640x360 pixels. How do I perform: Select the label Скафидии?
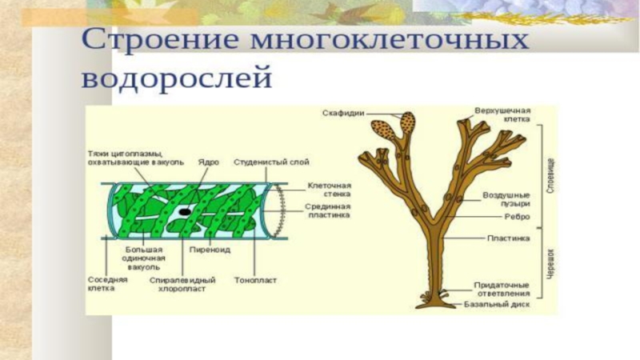click(x=344, y=114)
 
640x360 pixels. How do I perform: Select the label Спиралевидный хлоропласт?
click(x=183, y=284)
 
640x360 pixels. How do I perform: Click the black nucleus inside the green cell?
click(x=185, y=211)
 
